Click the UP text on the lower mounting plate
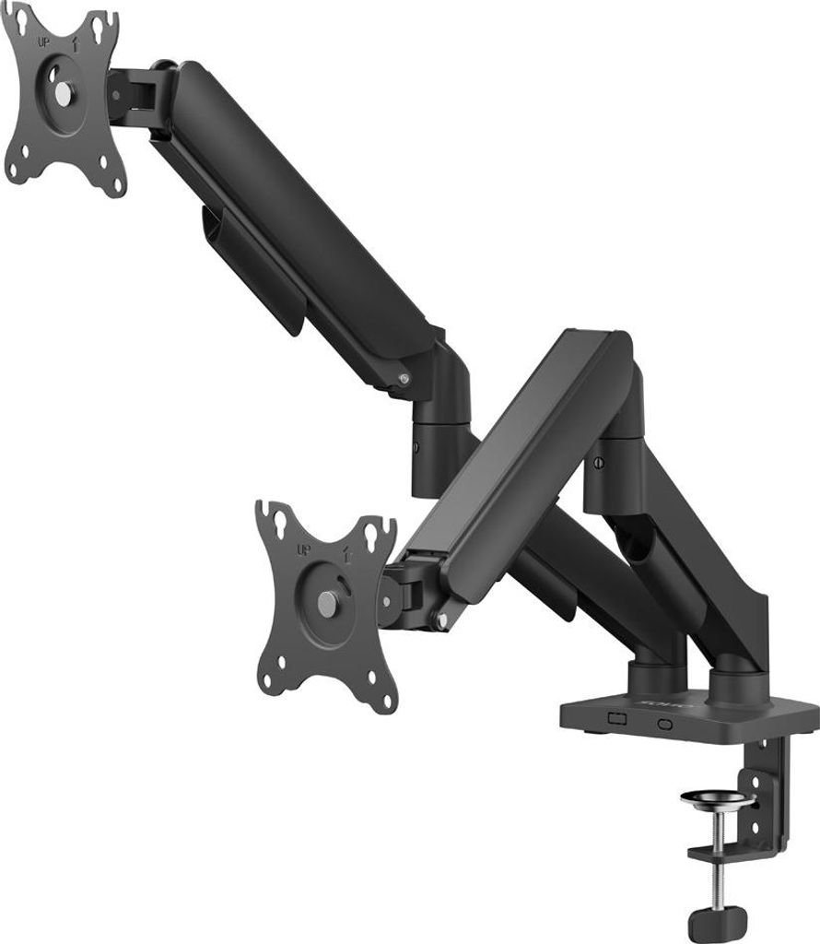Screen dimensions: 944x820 301,551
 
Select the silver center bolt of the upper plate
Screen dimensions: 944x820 62,93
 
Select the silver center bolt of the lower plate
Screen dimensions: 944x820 327,602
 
